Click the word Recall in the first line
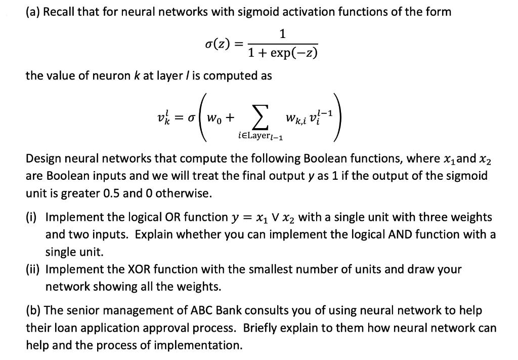tap(60, 11)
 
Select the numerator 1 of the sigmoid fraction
tap(282, 34)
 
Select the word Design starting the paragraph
tap(44, 158)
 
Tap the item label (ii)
tap(34, 269)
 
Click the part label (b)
tap(34, 310)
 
